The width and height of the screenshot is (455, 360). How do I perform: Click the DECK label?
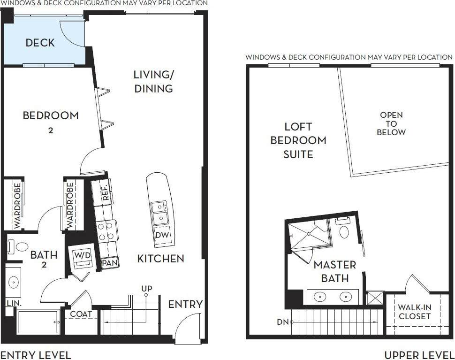(40, 43)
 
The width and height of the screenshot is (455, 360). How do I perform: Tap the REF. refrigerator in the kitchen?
(104, 192)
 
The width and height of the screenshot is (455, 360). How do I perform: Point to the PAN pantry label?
(110, 263)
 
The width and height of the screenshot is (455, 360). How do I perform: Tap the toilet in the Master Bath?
(345, 231)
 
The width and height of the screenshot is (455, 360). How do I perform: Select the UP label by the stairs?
(147, 288)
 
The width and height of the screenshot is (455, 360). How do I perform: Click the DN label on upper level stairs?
(282, 322)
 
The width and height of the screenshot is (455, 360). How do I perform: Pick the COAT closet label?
(81, 314)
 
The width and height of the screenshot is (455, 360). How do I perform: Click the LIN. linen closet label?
(14, 304)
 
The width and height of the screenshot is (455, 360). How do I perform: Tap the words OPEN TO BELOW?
(392, 123)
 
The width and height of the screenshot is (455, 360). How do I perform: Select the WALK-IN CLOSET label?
(414, 312)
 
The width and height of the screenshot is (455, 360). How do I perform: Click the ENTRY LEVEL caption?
(36, 354)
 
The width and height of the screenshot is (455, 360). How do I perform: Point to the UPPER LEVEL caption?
(419, 354)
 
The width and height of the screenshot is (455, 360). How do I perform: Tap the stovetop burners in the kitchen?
(106, 230)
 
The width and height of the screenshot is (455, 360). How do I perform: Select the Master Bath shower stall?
(310, 234)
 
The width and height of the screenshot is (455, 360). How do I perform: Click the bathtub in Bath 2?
(38, 322)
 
